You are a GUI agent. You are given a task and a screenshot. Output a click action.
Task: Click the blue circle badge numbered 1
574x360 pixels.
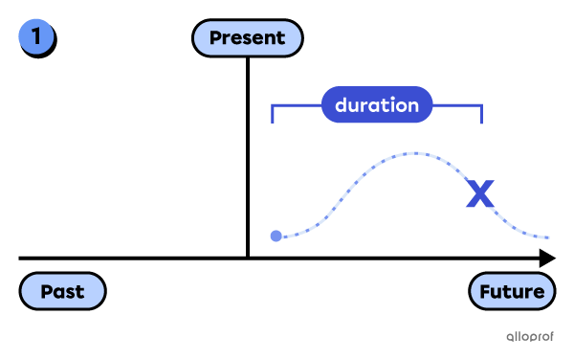(36, 37)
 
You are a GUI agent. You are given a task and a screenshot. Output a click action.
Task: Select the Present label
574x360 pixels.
(247, 38)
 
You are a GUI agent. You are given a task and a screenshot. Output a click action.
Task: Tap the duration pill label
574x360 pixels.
(377, 105)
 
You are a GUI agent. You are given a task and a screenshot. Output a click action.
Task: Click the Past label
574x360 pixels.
(62, 291)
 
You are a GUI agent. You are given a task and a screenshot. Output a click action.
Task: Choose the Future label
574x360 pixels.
(512, 291)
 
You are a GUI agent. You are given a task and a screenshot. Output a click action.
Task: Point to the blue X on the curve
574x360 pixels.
(479, 194)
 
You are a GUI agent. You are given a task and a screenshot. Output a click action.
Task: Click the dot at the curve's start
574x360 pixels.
(276, 236)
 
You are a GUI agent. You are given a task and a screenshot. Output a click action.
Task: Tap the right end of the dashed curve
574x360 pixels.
(548, 237)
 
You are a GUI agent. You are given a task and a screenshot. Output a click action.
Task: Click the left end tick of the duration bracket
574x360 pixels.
(274, 115)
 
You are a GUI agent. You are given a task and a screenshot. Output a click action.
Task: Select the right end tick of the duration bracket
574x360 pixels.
(481, 115)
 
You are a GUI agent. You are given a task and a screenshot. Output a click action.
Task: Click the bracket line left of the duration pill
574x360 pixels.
(297, 106)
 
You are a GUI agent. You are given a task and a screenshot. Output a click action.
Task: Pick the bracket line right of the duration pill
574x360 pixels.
(457, 106)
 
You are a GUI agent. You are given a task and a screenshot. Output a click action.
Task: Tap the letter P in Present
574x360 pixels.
(215, 38)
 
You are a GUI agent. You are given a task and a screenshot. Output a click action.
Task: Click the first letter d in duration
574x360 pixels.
(341, 105)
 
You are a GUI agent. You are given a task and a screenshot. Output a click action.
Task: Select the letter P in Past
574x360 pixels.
(45, 291)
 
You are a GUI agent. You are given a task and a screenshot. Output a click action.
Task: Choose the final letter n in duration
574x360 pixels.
(412, 106)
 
